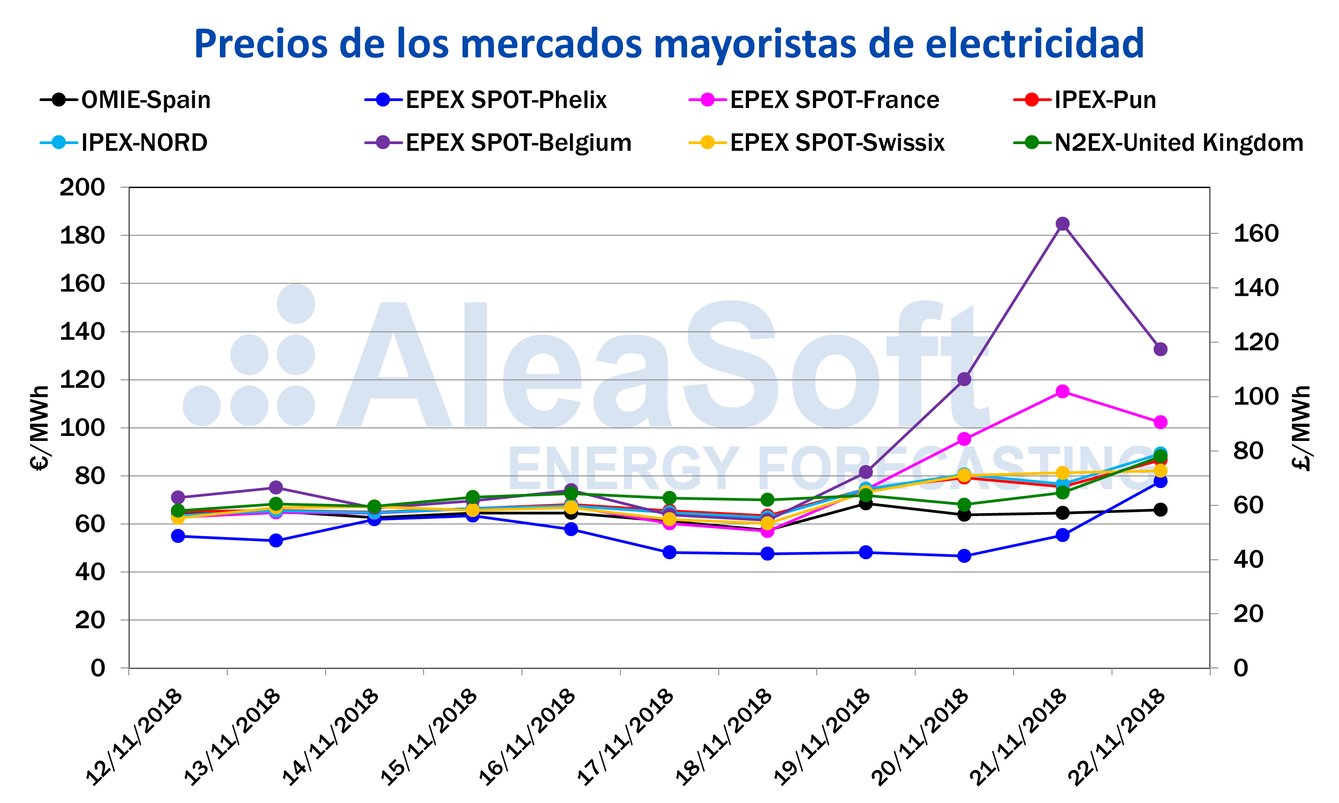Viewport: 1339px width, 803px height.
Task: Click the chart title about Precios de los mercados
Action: coord(669,44)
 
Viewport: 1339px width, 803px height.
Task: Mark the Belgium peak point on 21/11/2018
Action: coord(1062,223)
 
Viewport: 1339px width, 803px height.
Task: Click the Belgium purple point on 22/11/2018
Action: coord(1160,349)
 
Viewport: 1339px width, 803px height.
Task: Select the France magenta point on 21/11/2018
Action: coord(1062,391)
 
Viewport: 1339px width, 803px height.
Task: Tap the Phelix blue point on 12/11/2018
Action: coord(178,536)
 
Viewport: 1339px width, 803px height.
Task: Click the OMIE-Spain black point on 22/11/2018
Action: coord(1160,509)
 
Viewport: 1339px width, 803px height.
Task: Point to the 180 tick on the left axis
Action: coord(83,235)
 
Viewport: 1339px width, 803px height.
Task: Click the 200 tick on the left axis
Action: coord(83,187)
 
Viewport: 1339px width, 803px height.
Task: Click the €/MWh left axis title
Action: coord(39,427)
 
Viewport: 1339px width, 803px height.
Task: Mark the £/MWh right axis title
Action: coord(1300,427)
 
